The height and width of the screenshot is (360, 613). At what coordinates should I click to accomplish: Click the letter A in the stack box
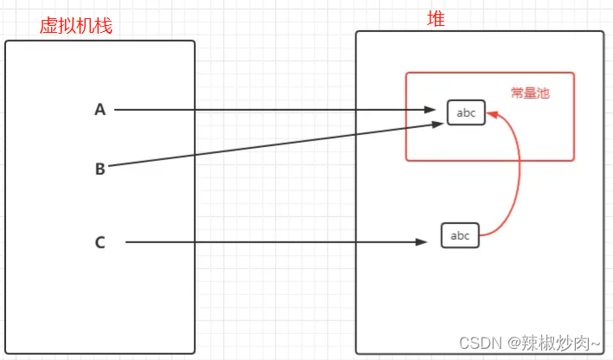(100, 110)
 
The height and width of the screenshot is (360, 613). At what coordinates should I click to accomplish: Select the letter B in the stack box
(100, 169)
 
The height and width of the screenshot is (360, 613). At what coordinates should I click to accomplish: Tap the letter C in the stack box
(100, 242)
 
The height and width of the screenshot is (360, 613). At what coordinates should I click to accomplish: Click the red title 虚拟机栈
(75, 26)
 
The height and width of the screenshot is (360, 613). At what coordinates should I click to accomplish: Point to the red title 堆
(436, 18)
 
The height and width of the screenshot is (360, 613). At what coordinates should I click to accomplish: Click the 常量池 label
(530, 93)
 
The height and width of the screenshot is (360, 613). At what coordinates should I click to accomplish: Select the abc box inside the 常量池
(466, 112)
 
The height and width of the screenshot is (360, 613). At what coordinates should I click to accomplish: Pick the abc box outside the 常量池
(460, 235)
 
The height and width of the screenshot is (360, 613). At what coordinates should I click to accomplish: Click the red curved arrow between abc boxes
(519, 173)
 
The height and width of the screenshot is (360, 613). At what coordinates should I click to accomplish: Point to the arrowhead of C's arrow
(428, 242)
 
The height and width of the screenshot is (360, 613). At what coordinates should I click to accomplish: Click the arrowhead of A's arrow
(431, 110)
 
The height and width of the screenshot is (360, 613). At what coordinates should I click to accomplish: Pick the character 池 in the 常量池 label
(543, 93)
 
